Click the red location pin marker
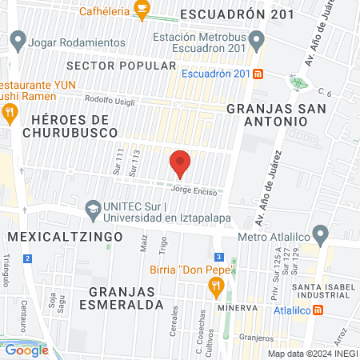(180, 163)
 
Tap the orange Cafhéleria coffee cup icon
(142, 10)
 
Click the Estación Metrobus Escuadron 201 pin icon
(256, 38)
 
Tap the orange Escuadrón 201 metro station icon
(258, 74)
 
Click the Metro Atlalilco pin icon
(321, 236)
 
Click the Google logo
(26, 350)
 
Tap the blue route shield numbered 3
(218, 257)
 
